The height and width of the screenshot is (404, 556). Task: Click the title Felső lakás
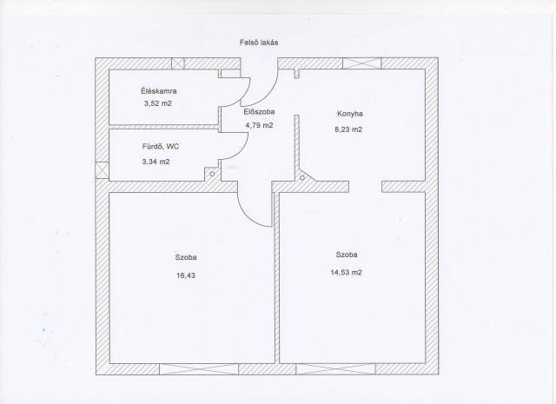click(x=259, y=43)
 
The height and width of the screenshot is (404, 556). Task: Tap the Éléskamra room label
click(x=158, y=91)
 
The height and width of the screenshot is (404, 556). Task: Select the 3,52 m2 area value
click(x=158, y=103)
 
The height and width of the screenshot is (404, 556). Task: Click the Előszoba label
click(x=259, y=112)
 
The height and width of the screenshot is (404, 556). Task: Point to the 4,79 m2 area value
click(x=259, y=125)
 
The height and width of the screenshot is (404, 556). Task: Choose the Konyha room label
click(x=349, y=114)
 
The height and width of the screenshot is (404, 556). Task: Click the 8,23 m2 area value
click(x=348, y=129)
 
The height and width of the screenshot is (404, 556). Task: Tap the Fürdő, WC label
click(x=160, y=146)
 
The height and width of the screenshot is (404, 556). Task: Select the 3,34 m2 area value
click(x=156, y=162)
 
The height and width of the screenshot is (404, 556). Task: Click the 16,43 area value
click(x=186, y=275)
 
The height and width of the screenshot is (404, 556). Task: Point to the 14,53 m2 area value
click(x=346, y=273)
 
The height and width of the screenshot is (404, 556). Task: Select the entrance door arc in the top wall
click(x=269, y=94)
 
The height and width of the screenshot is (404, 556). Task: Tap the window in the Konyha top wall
click(x=361, y=63)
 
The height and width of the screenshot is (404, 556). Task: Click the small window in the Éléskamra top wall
click(x=178, y=63)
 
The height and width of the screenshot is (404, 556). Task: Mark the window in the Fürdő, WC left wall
click(x=103, y=170)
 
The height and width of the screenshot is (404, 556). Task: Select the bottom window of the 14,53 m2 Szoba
click(x=335, y=369)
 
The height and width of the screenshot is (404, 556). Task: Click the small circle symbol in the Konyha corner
click(x=302, y=177)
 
